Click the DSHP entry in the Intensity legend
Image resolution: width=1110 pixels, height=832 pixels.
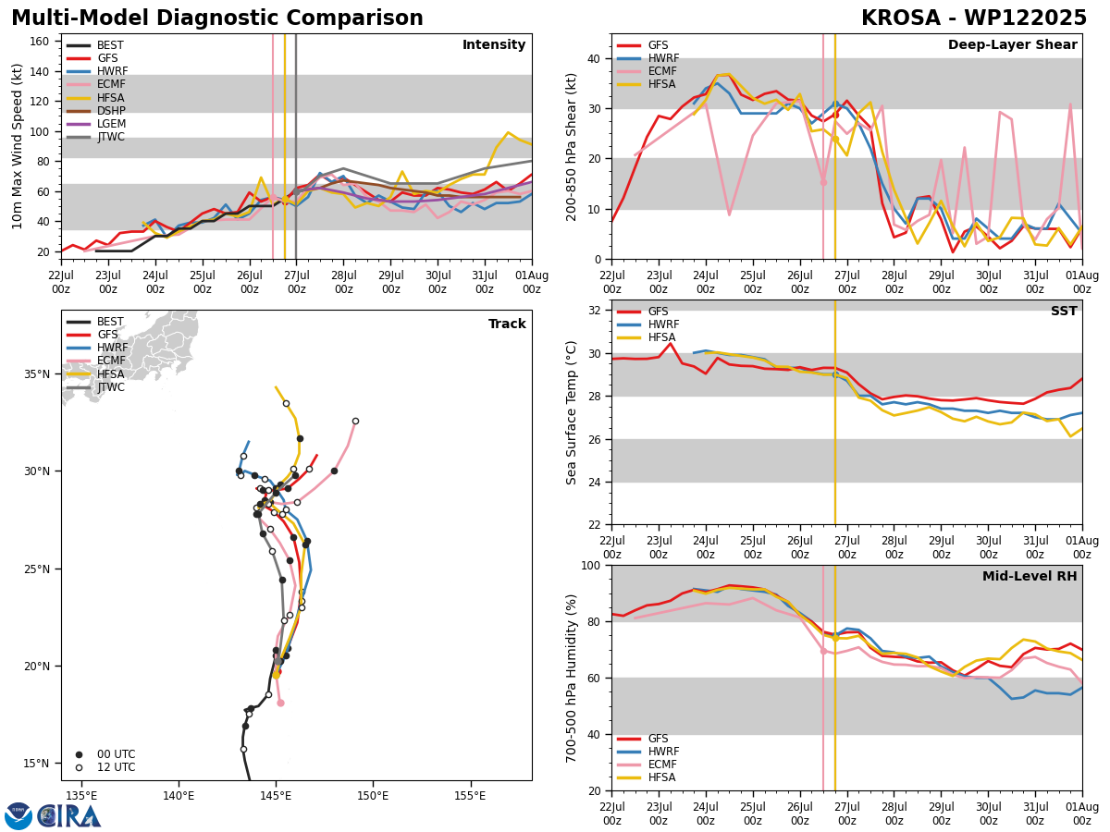[96, 111]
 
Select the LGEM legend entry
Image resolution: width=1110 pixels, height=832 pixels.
[96, 124]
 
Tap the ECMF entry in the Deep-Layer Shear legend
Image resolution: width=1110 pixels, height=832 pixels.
[647, 71]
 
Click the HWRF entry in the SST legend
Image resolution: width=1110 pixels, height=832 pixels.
[647, 324]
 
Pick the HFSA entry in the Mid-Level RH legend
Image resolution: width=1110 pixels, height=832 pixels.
[647, 777]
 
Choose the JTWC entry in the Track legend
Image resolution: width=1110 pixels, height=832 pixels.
[95, 387]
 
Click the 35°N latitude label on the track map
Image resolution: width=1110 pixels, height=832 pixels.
[37, 374]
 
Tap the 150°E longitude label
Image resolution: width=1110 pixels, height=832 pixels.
[373, 796]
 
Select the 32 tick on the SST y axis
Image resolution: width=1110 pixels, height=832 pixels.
[595, 311]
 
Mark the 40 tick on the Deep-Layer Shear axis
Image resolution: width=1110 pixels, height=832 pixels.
[595, 59]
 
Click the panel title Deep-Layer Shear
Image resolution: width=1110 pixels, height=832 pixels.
[1012, 45]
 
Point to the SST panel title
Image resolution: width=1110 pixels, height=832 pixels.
[1064, 311]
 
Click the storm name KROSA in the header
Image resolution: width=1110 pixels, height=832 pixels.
[901, 18]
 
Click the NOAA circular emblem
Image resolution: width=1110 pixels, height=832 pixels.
[18, 816]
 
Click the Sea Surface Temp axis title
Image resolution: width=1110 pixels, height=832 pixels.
[571, 413]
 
